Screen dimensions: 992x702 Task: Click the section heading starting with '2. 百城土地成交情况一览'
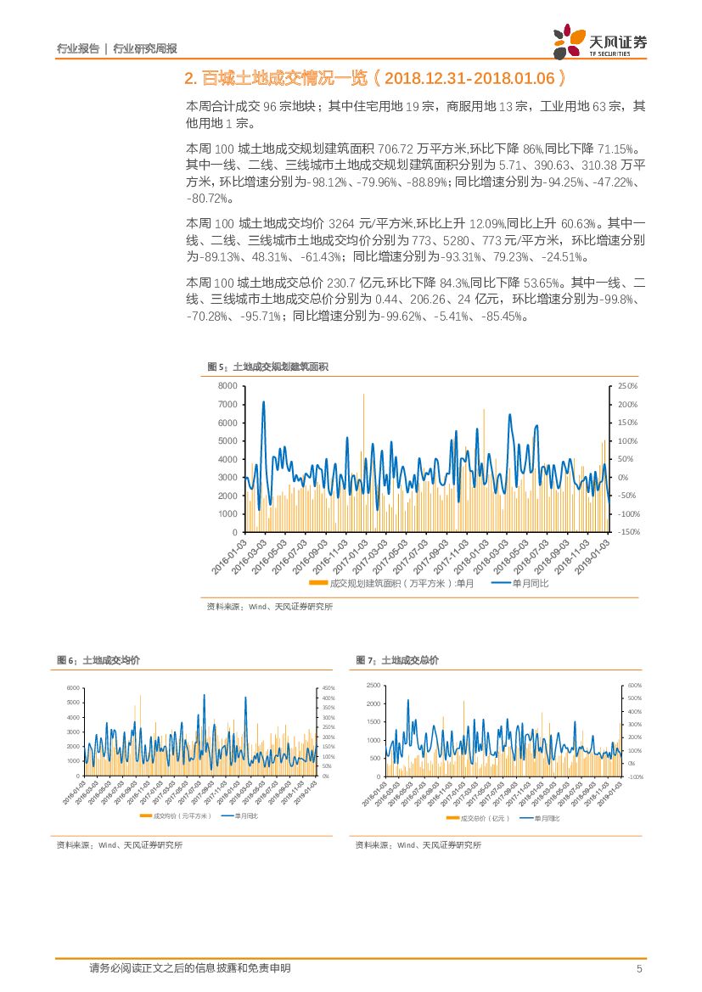pyautogui.click(x=373, y=79)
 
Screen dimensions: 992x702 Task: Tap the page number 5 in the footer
pyautogui.click(x=639, y=969)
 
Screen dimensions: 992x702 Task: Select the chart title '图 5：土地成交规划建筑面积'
pyautogui.click(x=268, y=367)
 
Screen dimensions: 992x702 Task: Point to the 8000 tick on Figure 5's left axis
pyautogui.click(x=227, y=386)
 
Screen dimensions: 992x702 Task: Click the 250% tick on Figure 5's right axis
pyautogui.click(x=627, y=386)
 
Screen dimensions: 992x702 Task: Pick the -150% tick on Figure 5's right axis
pyautogui.click(x=627, y=532)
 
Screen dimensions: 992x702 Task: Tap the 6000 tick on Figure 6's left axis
pyautogui.click(x=73, y=688)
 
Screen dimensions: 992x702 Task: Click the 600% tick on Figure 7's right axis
pyautogui.click(x=634, y=686)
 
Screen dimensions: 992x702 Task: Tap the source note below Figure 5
pyautogui.click(x=270, y=607)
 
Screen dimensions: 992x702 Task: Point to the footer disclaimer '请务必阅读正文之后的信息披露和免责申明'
pyautogui.click(x=189, y=969)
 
